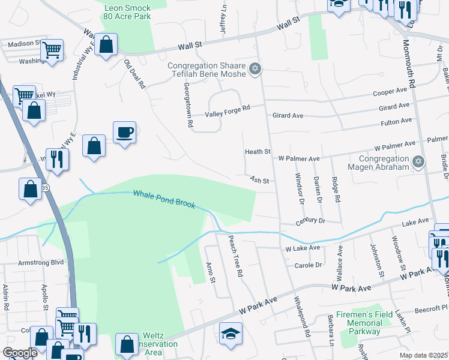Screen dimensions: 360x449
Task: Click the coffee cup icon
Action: [124, 132]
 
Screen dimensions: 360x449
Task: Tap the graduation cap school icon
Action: [231, 333]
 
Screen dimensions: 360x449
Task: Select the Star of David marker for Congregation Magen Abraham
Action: [419, 161]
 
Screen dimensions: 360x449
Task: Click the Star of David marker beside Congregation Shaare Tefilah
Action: [255, 70]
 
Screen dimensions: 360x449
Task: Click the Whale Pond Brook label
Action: [164, 199]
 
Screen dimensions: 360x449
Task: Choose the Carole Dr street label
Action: [308, 265]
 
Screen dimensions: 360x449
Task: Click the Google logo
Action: [20, 353]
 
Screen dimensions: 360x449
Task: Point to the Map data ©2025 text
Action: [422, 355]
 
